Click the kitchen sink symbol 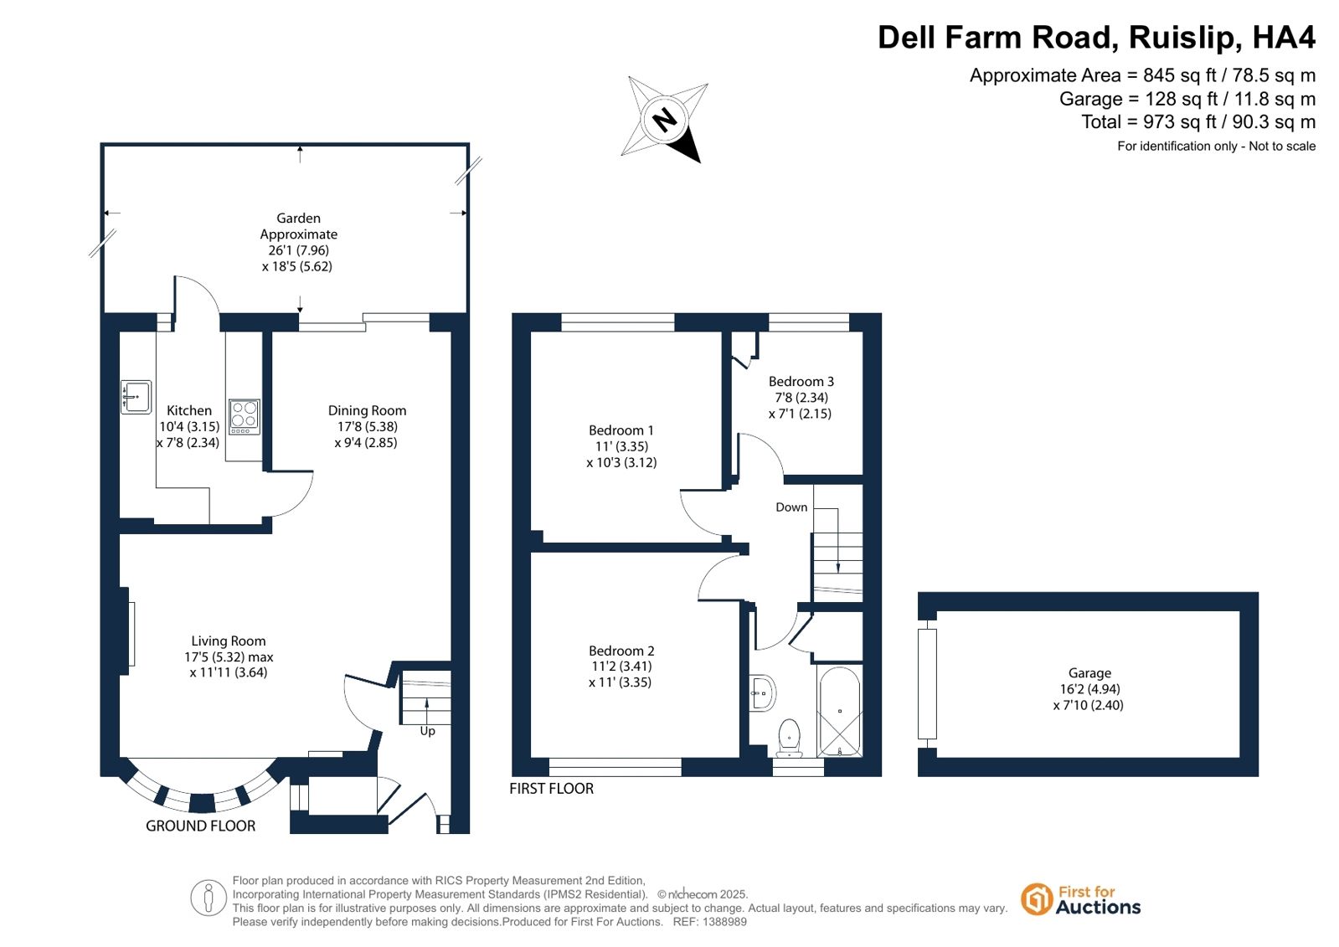(x=136, y=397)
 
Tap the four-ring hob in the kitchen (x=244, y=416)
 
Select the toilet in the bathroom (x=790, y=739)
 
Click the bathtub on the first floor (x=840, y=712)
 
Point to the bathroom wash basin (x=764, y=693)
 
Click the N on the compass (x=665, y=119)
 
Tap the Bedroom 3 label (x=801, y=382)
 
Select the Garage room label (x=1089, y=672)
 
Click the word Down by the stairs (x=791, y=507)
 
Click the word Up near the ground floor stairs (x=427, y=731)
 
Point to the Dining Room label (x=367, y=411)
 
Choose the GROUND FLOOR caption (x=200, y=826)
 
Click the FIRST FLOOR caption (x=551, y=789)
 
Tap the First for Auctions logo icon (x=1036, y=899)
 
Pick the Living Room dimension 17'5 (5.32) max (x=229, y=657)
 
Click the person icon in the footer (x=208, y=898)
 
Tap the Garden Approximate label (x=298, y=226)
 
